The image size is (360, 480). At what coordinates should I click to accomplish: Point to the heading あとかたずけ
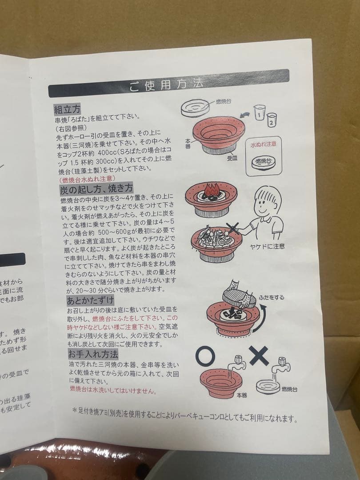pyautogui.click(x=90, y=300)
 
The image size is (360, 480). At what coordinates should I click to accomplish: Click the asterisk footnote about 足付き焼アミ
pyautogui.click(x=184, y=418)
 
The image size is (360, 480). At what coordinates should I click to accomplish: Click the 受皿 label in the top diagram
pyautogui.click(x=232, y=157)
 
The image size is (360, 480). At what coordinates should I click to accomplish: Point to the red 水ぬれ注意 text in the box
pyautogui.click(x=264, y=145)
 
